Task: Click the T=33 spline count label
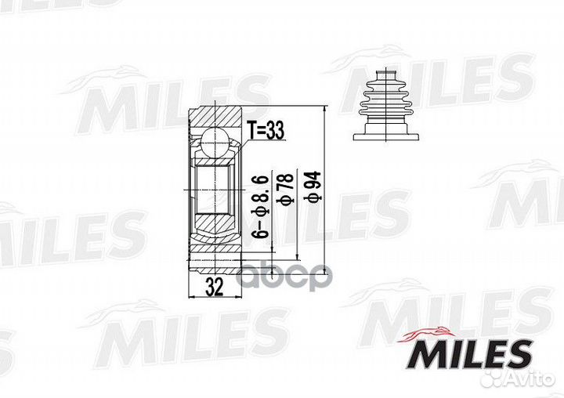[266, 130]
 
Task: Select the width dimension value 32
[215, 288]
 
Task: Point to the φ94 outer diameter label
[313, 186]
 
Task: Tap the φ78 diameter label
[285, 189]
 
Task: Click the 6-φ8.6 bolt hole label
[260, 207]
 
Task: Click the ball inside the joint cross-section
[215, 142]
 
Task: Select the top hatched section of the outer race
[215, 117]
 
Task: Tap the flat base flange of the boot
[386, 137]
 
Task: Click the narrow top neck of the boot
[386, 73]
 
